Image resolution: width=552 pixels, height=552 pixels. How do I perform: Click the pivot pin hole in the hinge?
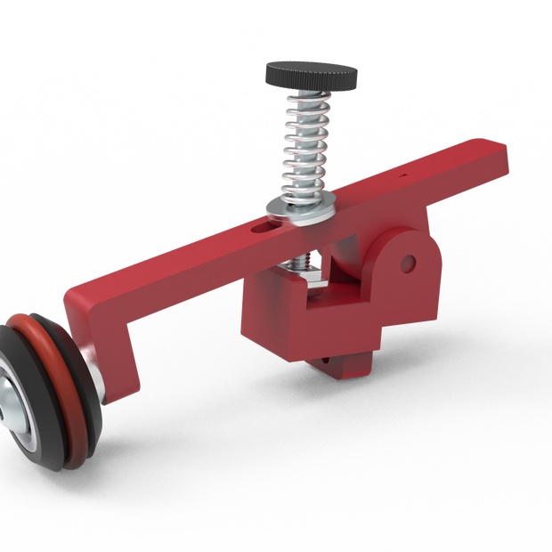pos(408,263)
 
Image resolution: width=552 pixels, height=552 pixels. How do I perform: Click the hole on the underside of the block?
pos(327,361)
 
